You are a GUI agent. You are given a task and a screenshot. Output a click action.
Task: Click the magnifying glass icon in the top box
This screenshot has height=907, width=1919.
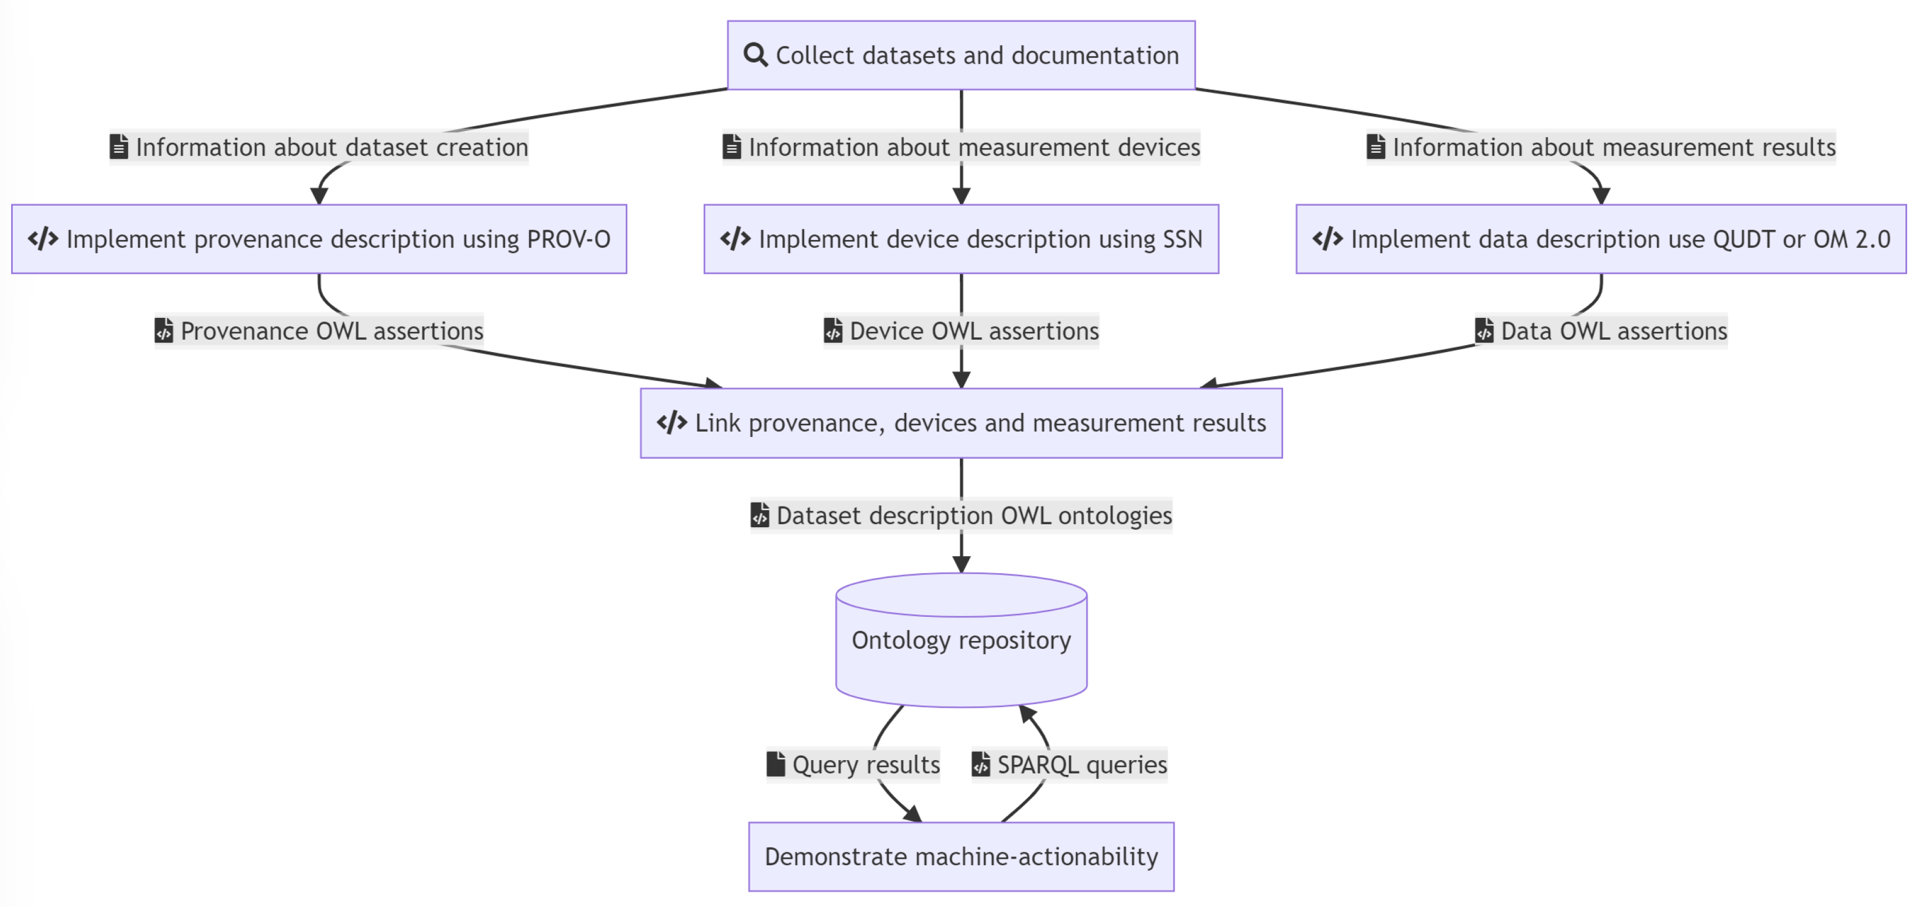[755, 55]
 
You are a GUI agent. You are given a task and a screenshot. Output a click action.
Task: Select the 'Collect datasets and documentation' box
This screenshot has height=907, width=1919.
[961, 55]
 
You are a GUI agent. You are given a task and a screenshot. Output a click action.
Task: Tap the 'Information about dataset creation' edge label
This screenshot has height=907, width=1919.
[319, 147]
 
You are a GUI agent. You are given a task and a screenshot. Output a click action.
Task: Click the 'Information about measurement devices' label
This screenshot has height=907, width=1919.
[961, 147]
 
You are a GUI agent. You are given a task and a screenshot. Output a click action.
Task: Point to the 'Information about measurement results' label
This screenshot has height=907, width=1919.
[1601, 147]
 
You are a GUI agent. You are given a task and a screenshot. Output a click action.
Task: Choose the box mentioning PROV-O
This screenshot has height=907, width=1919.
[319, 239]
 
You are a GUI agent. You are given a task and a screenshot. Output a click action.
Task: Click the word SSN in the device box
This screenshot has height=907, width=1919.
[1182, 239]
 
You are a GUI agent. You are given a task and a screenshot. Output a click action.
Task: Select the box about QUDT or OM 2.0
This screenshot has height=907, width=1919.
[1601, 239]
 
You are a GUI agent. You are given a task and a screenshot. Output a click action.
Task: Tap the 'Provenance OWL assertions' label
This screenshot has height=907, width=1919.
[319, 331]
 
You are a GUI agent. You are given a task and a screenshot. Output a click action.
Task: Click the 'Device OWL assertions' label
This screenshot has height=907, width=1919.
[961, 331]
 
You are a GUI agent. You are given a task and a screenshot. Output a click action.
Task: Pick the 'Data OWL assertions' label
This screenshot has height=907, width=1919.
[1601, 331]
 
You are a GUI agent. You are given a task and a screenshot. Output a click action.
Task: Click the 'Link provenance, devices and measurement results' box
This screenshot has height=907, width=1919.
[961, 423]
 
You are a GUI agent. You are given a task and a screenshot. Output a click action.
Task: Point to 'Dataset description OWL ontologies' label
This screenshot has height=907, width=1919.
[961, 515]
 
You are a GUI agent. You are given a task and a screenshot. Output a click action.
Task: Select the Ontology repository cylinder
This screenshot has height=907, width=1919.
[961, 640]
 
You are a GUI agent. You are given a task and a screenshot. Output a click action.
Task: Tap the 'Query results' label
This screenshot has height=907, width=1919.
[854, 765]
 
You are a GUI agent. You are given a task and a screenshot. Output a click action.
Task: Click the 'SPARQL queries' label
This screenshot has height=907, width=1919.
[1069, 765]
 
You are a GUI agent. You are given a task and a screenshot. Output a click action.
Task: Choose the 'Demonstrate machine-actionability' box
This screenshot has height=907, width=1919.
[961, 856]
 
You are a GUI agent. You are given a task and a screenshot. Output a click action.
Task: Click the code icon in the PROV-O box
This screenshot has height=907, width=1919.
[43, 239]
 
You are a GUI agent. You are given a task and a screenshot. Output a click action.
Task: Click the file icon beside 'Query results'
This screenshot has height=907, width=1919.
[776, 764]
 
